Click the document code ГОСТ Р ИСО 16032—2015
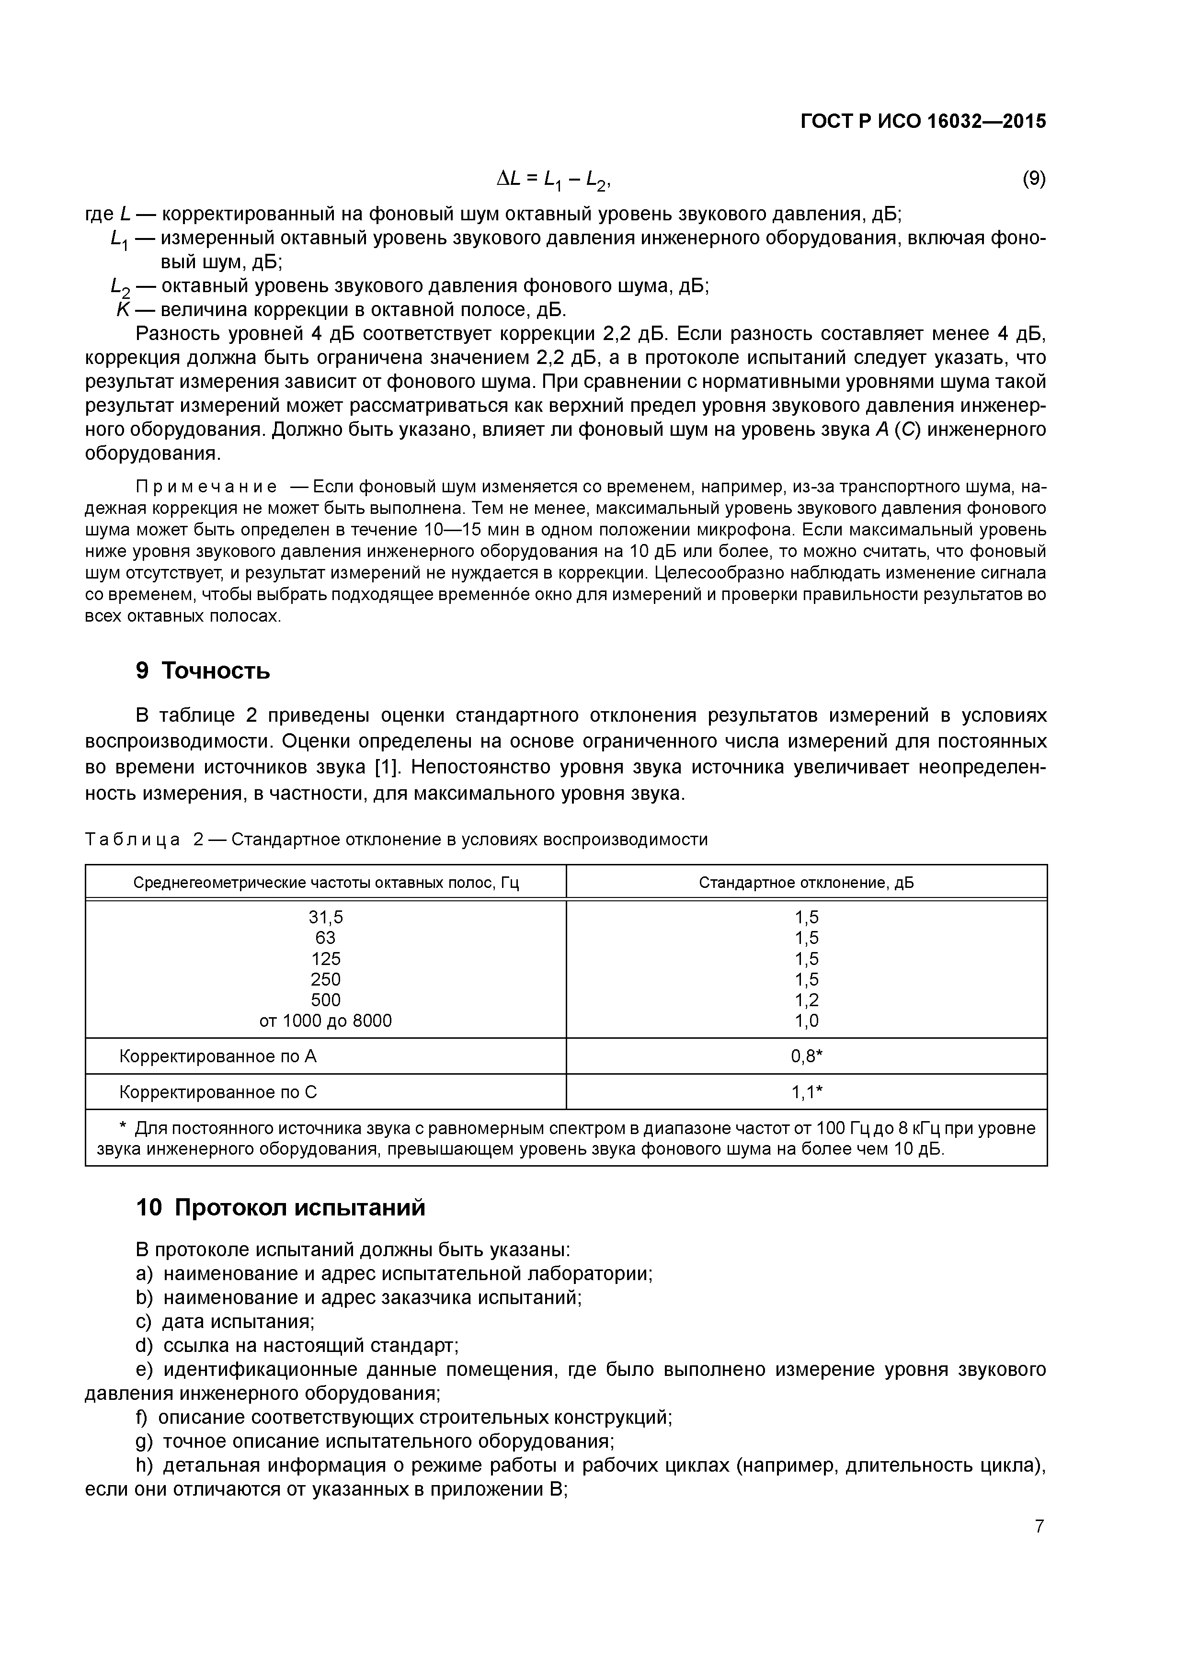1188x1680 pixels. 923,122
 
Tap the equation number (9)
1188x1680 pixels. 1034,179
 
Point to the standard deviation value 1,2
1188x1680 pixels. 807,1000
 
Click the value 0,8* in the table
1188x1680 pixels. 807,1056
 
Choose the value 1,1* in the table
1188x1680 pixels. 807,1092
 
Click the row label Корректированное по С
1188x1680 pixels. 218,1092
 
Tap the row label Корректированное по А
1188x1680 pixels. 218,1056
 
